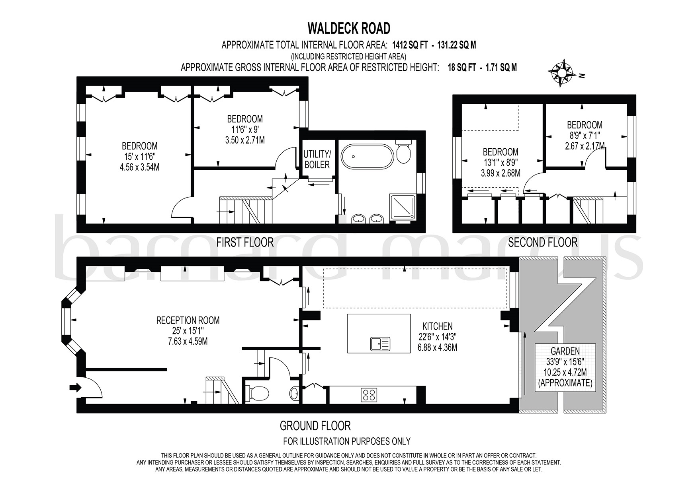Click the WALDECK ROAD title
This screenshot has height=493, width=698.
click(x=349, y=28)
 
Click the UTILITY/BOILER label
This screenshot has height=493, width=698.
click(x=317, y=159)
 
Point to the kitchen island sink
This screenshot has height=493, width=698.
click(x=380, y=343)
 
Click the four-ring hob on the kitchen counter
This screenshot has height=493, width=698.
click(x=370, y=394)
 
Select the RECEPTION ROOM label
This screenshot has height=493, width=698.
click(x=188, y=320)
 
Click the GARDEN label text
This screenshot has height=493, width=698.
click(x=565, y=351)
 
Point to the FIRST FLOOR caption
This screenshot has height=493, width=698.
click(x=245, y=242)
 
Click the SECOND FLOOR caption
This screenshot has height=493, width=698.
click(x=543, y=242)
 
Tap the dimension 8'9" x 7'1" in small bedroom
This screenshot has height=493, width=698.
click(x=585, y=135)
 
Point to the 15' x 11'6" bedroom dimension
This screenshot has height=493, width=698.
click(x=139, y=157)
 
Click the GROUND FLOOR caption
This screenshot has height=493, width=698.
click(x=315, y=426)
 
